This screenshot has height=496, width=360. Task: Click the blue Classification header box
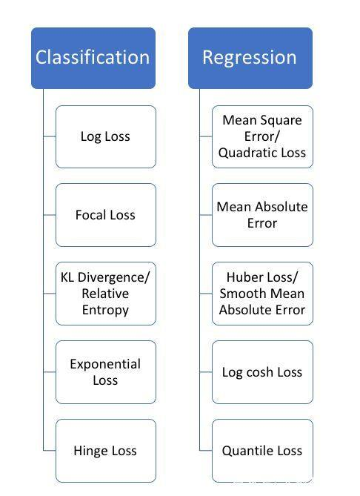[93, 58]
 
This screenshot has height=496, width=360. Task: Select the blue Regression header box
[250, 58]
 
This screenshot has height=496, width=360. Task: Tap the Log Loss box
[106, 136]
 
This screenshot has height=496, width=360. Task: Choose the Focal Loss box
[106, 215]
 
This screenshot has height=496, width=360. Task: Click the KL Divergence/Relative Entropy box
[106, 294]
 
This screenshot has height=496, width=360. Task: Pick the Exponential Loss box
[106, 372]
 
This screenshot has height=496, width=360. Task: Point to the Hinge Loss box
[106, 451]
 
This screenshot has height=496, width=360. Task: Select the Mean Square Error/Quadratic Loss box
[262, 136]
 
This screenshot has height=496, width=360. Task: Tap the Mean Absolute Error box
[262, 215]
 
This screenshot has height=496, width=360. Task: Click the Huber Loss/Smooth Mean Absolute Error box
[262, 294]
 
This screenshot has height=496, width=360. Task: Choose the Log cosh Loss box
[262, 372]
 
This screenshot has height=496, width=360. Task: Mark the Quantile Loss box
[262, 451]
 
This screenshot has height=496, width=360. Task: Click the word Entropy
[105, 311]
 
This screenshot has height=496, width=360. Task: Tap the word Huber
[244, 277]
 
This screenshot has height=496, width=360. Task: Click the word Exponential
[105, 364]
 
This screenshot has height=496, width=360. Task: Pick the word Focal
[90, 215]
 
